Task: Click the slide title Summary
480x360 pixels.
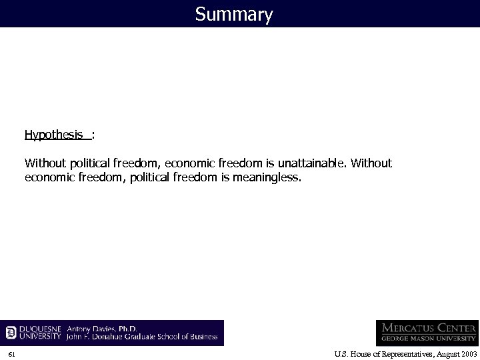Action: tap(234, 14)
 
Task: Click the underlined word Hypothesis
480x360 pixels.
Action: tap(58, 135)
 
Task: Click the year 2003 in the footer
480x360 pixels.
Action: tap(465, 352)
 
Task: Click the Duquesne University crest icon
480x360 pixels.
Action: tap(11, 332)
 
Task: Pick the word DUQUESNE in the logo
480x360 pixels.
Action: tap(41, 328)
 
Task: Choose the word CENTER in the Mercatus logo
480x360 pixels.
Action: tap(461, 328)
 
